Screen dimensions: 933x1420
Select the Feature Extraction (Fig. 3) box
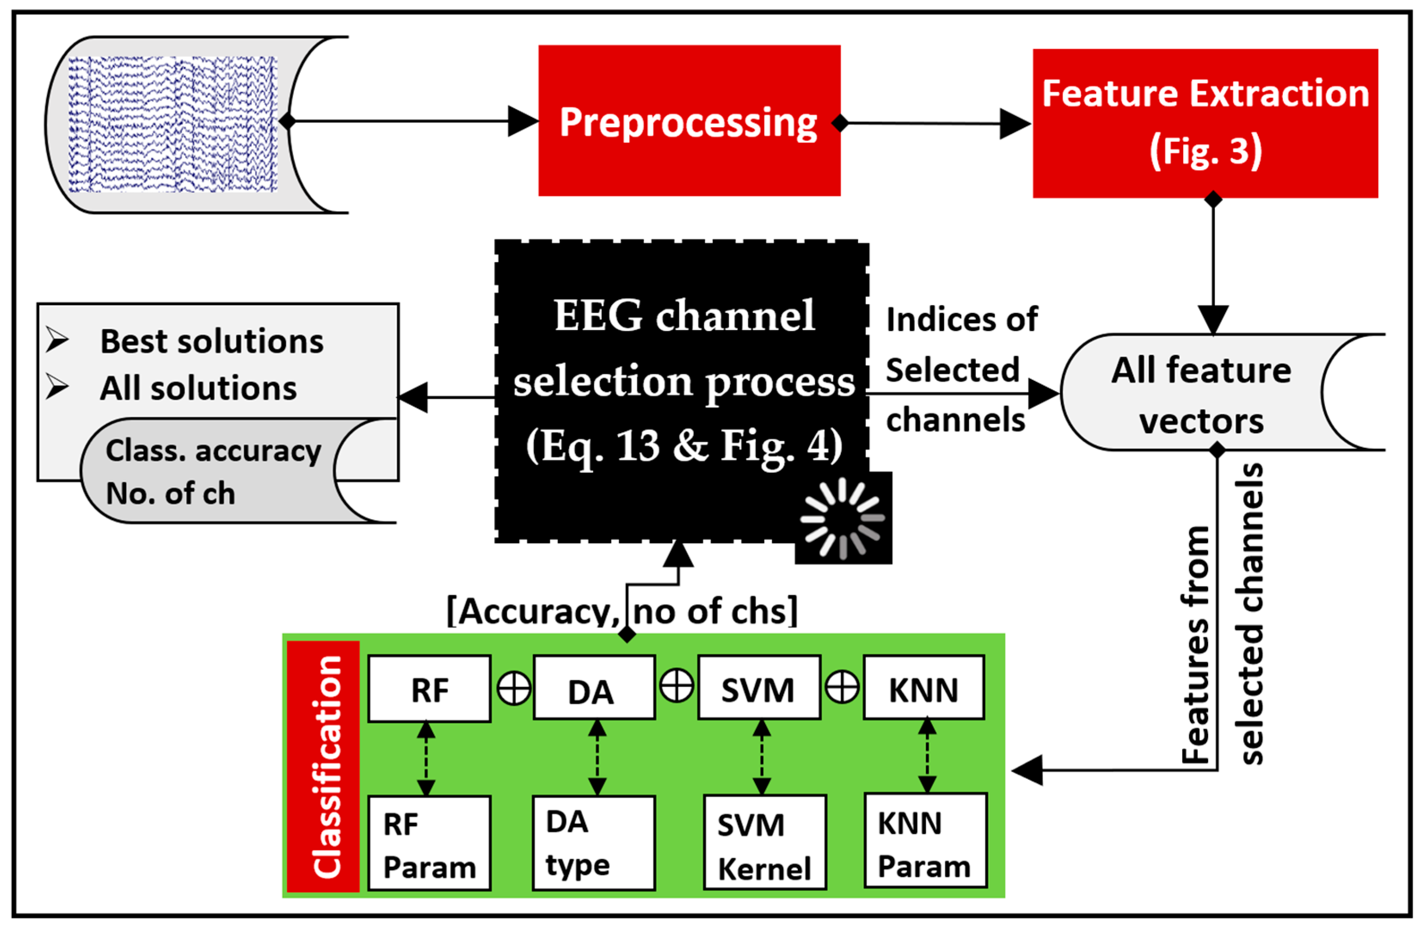tap(1205, 123)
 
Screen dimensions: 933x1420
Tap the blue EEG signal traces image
tap(172, 125)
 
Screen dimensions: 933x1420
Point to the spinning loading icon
tap(843, 518)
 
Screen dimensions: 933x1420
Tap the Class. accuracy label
tap(213, 450)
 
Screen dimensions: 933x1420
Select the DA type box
tap(594, 843)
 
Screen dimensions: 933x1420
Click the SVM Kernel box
tap(764, 843)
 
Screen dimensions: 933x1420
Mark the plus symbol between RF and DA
tap(514, 689)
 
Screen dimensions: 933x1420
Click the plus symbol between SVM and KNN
tap(842, 688)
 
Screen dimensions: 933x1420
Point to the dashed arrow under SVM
tap(762, 758)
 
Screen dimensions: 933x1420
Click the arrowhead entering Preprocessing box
tap(522, 121)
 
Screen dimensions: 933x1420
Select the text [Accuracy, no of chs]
tap(622, 612)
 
